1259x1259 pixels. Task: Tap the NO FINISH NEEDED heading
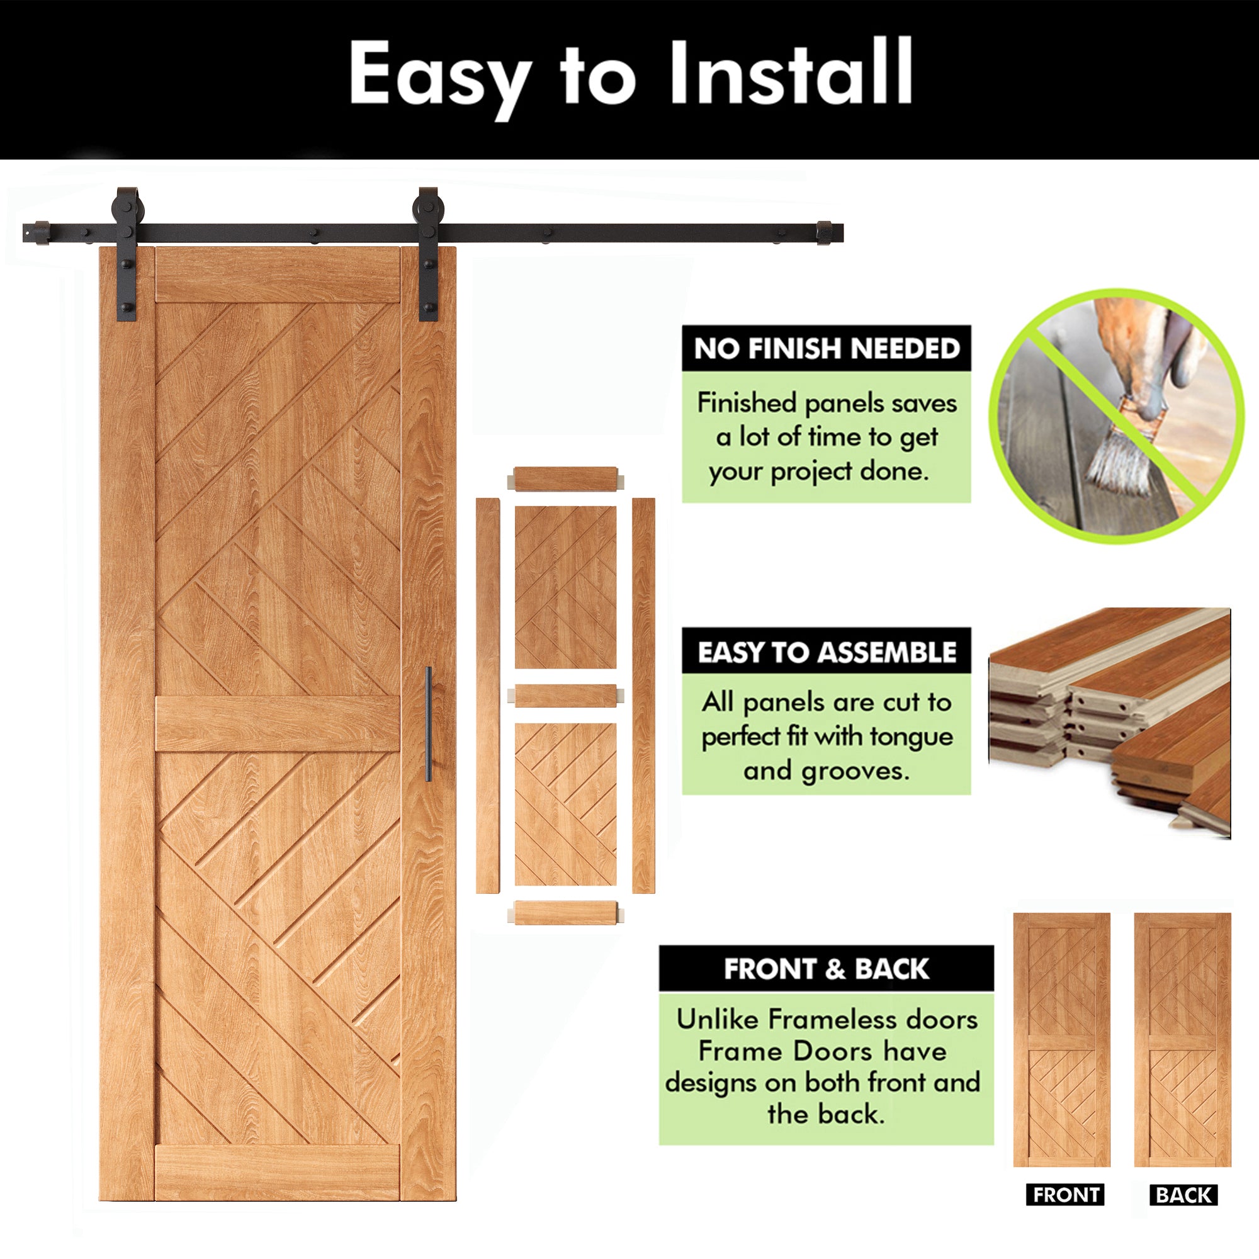point(827,349)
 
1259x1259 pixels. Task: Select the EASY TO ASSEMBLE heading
point(827,652)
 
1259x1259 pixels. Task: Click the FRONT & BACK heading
point(826,969)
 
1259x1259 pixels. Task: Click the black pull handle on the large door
point(428,724)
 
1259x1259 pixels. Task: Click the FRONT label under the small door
point(1066,1213)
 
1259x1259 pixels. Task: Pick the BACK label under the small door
point(1183,1213)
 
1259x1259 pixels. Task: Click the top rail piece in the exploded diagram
point(565,479)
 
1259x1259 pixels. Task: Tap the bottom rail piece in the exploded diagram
point(565,912)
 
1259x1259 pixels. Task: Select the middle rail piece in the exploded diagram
point(565,696)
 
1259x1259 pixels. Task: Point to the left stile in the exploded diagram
point(487,696)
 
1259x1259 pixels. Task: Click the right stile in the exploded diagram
point(643,696)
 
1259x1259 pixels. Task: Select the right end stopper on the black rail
point(825,234)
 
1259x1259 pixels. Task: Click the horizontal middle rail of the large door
point(278,724)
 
